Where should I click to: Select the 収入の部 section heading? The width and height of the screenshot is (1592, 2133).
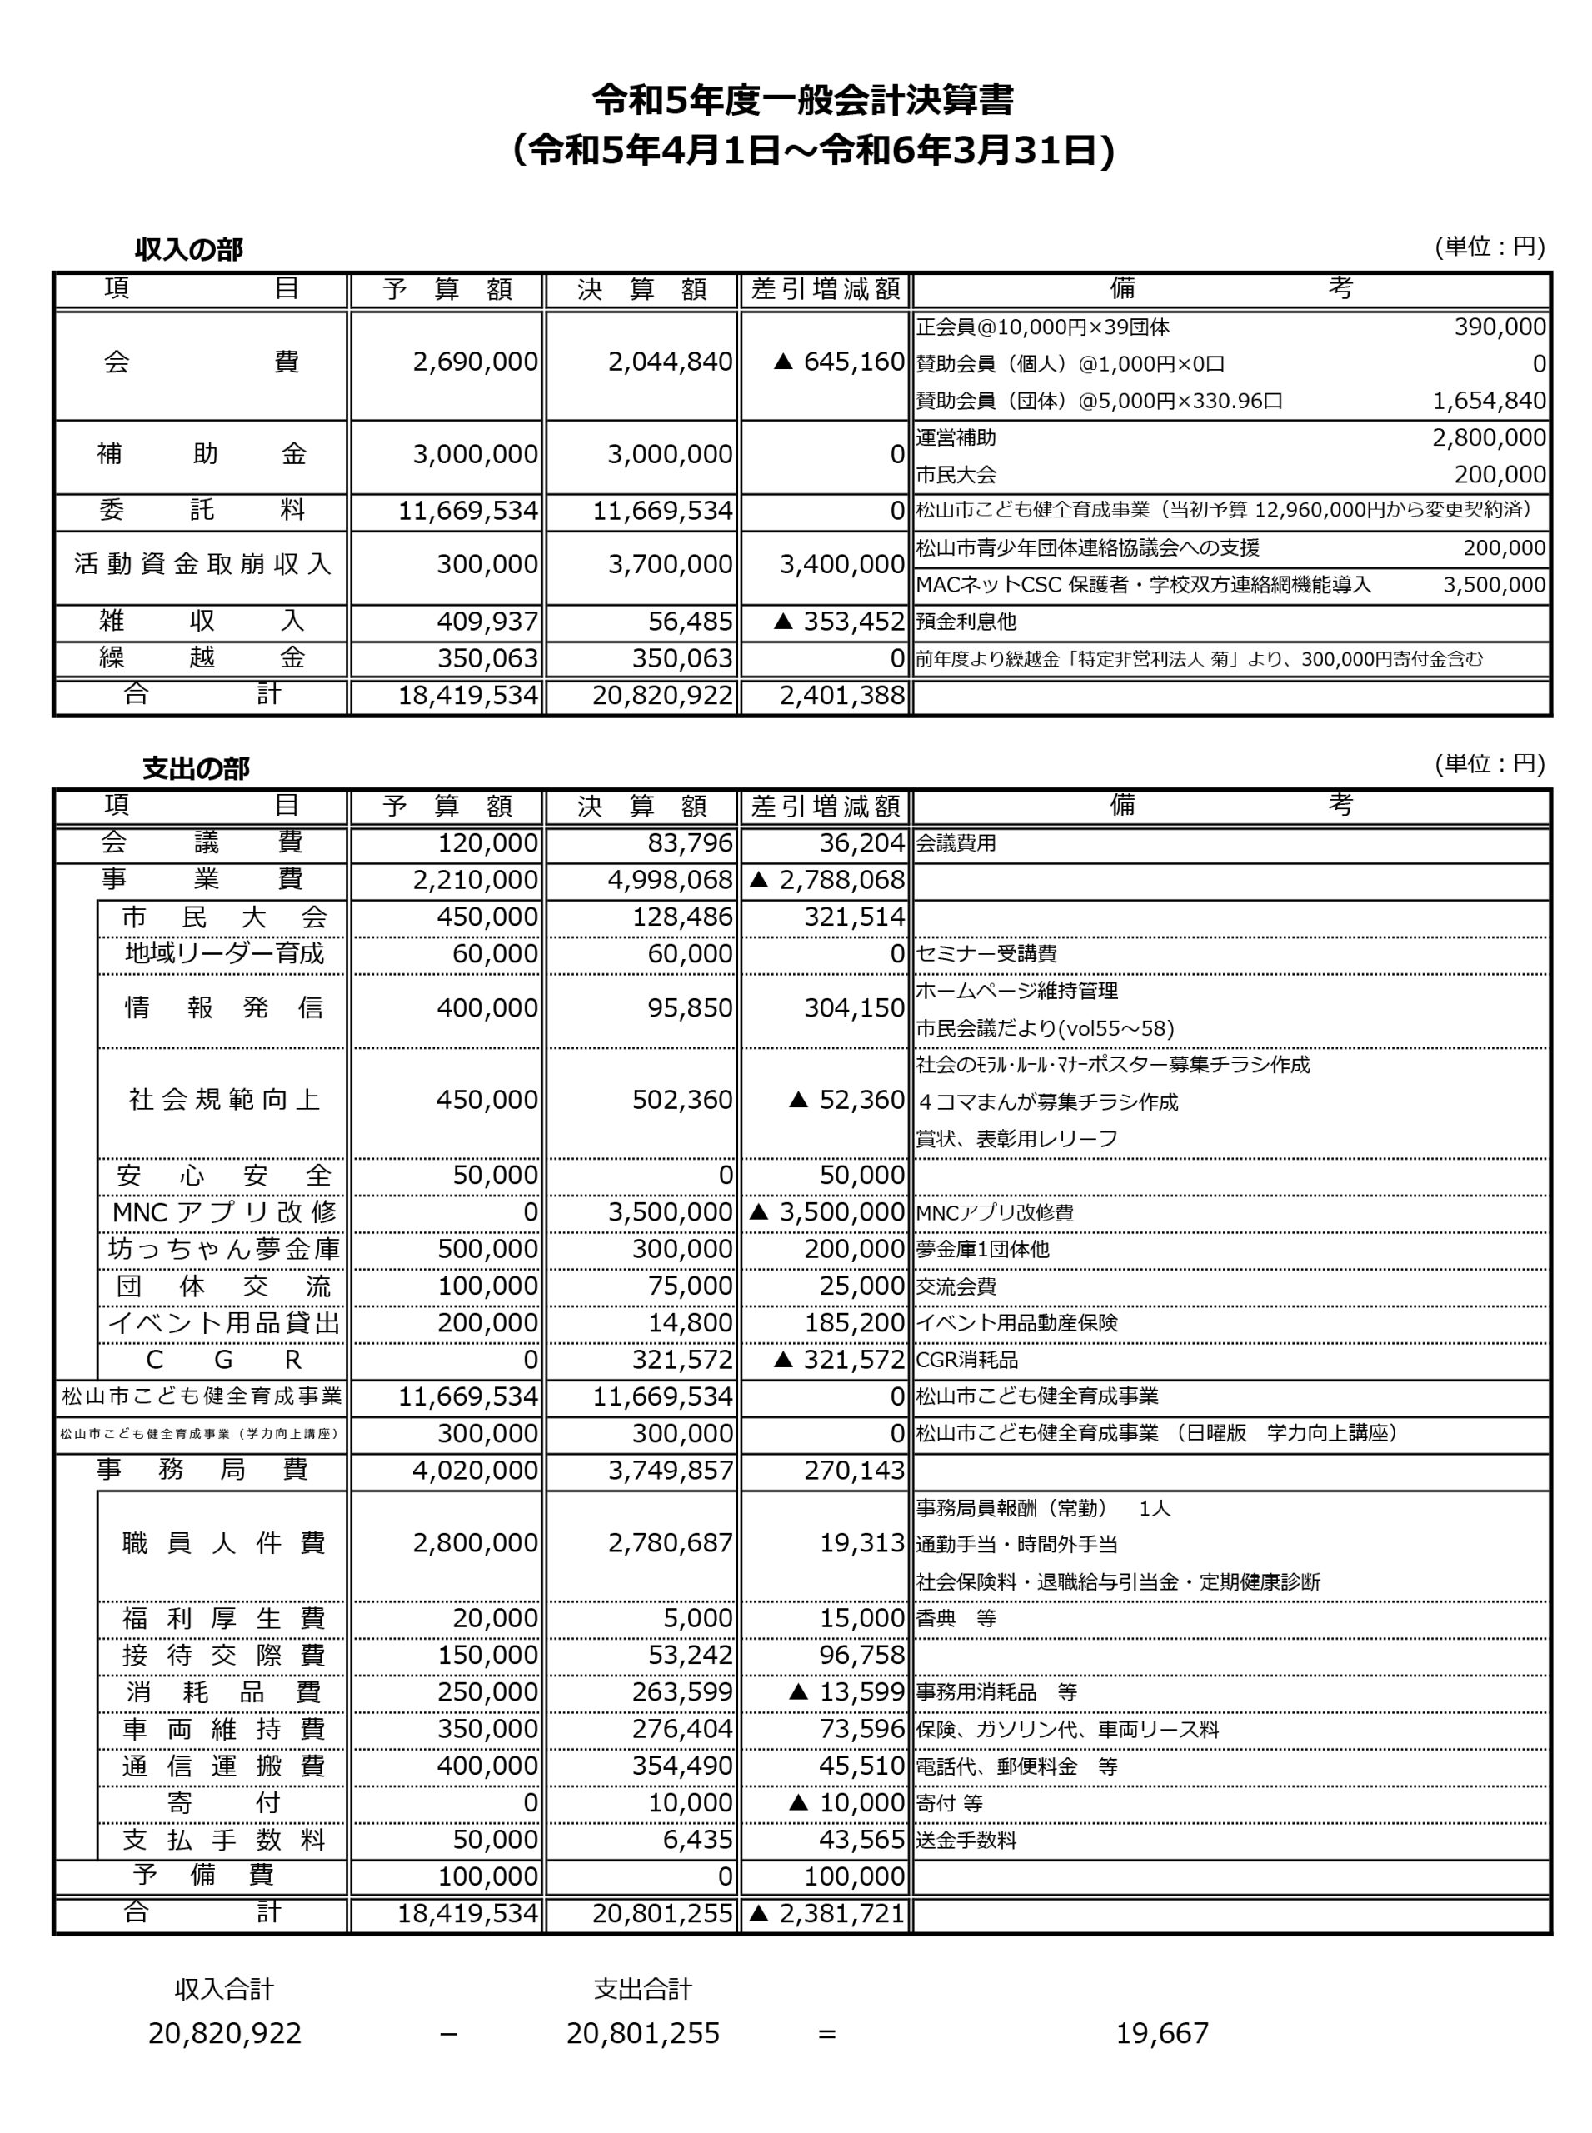click(x=189, y=250)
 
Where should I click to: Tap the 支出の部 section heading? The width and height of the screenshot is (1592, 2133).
click(x=196, y=767)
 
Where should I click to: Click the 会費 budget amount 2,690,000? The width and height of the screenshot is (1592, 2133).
click(x=475, y=362)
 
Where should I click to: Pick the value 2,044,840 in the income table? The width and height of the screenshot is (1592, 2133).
click(x=670, y=362)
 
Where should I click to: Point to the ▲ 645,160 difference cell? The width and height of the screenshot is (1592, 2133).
click(x=838, y=362)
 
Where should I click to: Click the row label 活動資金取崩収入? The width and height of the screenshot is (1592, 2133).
click(x=202, y=564)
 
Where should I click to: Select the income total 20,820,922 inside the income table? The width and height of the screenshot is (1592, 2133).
click(x=662, y=695)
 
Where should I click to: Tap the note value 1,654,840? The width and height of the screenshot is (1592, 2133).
click(x=1489, y=400)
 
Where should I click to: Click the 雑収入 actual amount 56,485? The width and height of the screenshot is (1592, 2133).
click(x=690, y=622)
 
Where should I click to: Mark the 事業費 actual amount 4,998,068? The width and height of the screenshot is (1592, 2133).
click(x=670, y=880)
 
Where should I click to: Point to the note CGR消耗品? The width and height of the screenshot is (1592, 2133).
click(x=966, y=1360)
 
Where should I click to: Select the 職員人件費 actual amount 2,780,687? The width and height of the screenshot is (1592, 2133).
click(x=670, y=1543)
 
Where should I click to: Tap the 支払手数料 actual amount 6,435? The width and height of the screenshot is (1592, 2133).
click(x=698, y=1839)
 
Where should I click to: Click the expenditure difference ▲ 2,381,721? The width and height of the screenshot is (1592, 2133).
click(x=827, y=1913)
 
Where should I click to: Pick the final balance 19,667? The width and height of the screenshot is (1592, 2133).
click(x=1162, y=2034)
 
